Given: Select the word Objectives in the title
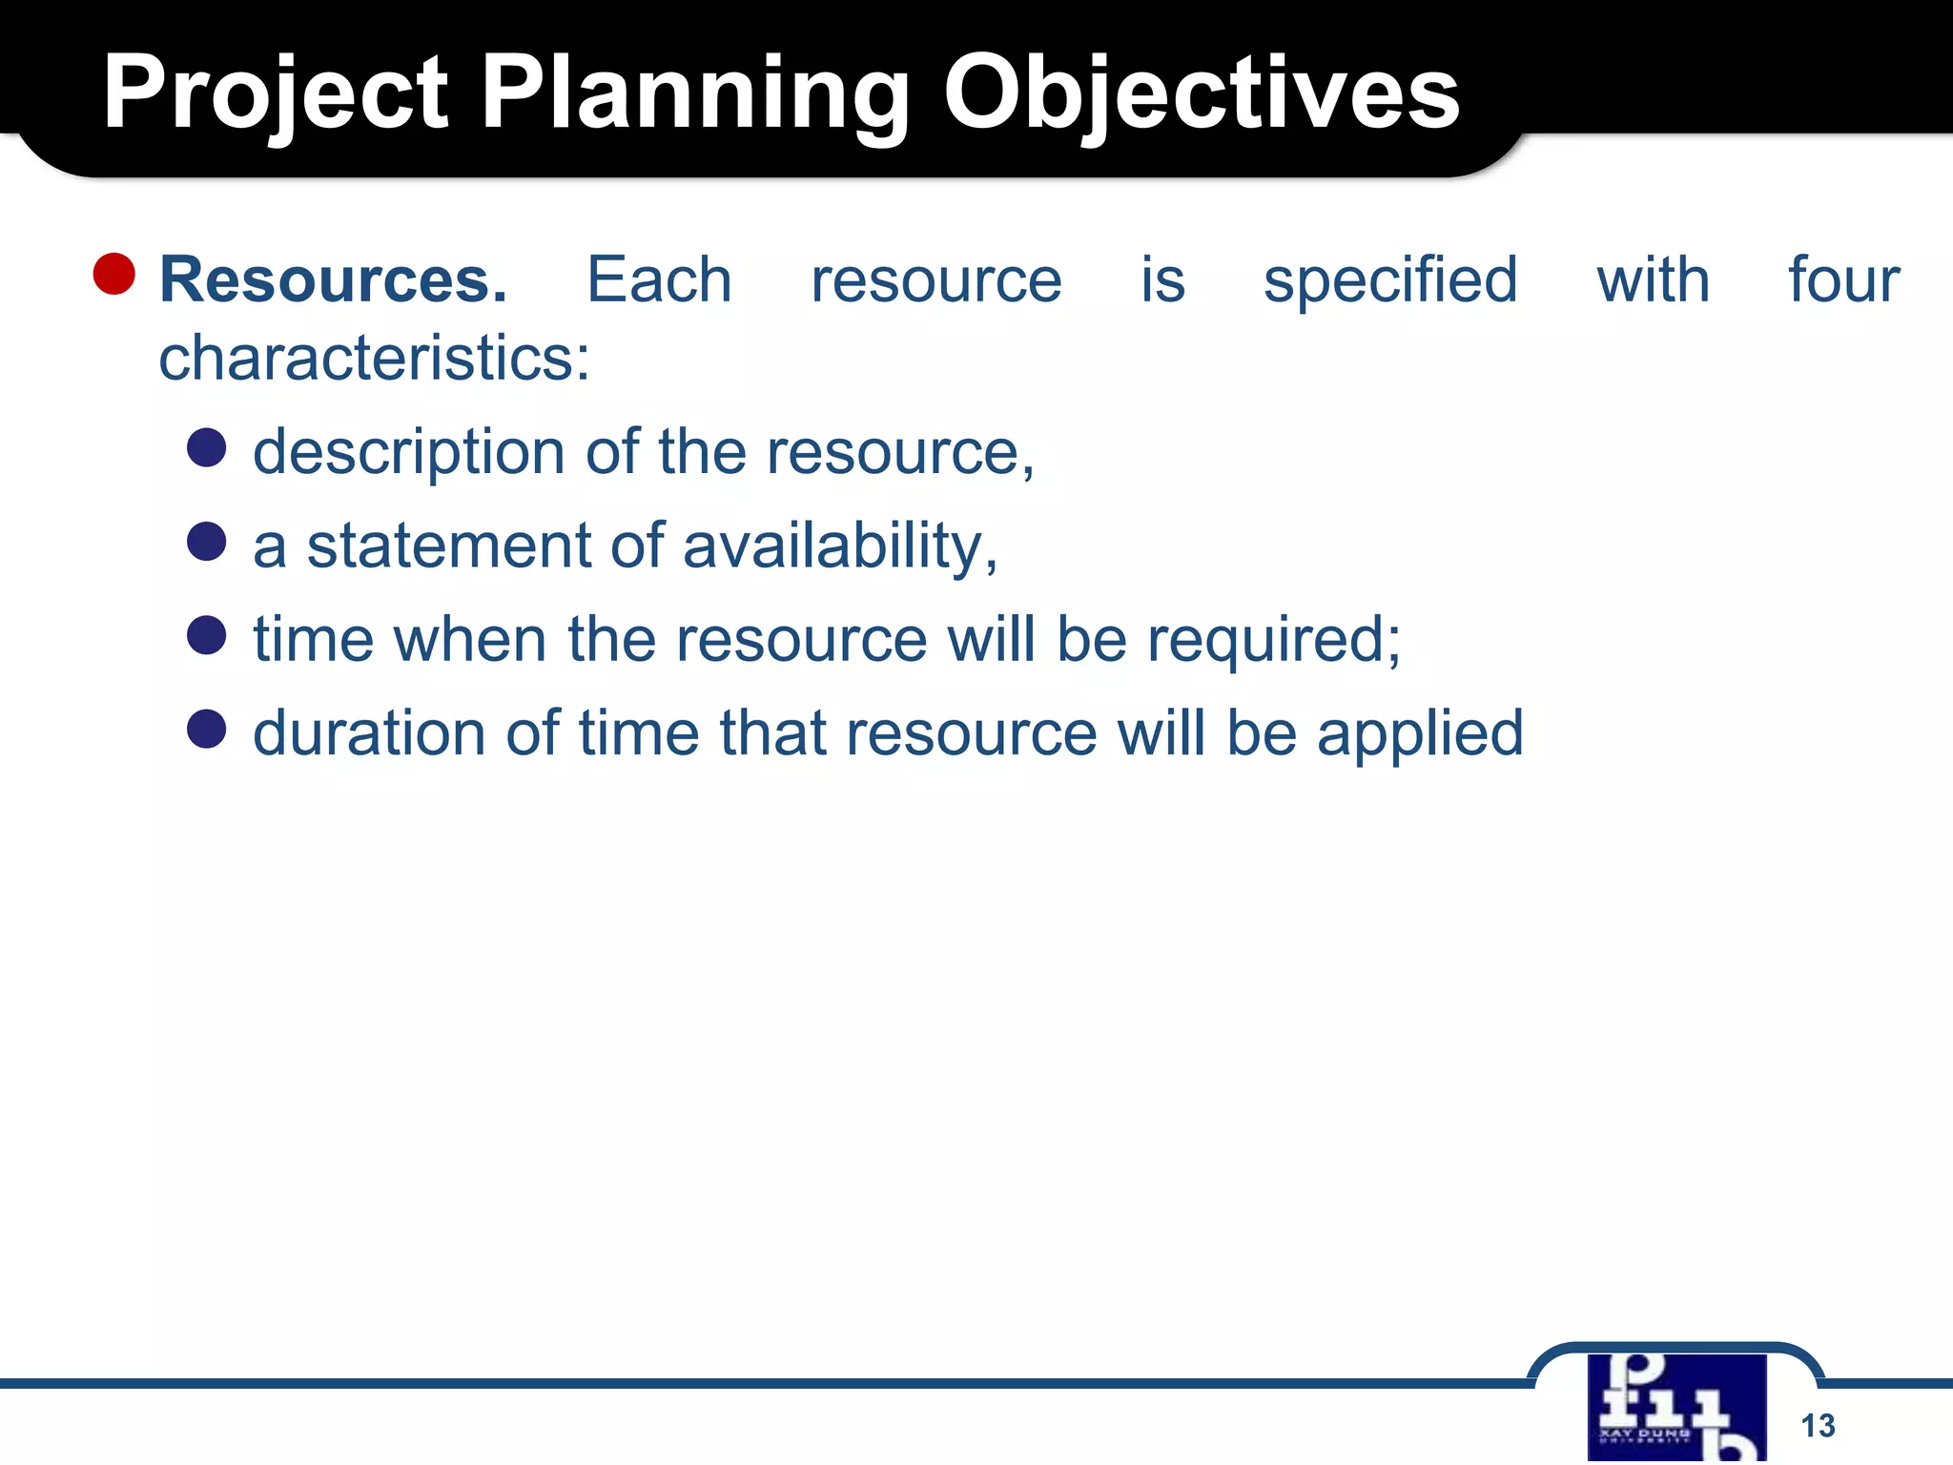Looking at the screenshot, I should [x=1202, y=93].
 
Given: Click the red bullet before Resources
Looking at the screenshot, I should [x=114, y=275].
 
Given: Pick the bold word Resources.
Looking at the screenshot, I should [x=333, y=280].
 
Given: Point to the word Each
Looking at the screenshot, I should [x=658, y=280].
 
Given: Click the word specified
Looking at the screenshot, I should [x=1390, y=282].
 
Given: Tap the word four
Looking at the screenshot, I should [x=1843, y=280].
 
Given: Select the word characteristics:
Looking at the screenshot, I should [x=374, y=360].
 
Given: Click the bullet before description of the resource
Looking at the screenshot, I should [x=206, y=447].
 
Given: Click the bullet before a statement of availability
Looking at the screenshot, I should [x=206, y=542].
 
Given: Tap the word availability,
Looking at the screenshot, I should [x=840, y=547].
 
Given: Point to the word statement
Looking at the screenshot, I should [x=448, y=547].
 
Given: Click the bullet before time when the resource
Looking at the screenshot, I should [x=206, y=635].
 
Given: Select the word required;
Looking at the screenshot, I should [x=1273, y=641].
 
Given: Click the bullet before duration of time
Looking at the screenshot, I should [x=206, y=729].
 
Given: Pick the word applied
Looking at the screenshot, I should [x=1420, y=735].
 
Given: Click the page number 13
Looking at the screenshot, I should [x=1818, y=1426].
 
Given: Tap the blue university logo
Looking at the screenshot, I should [x=1676, y=1408].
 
